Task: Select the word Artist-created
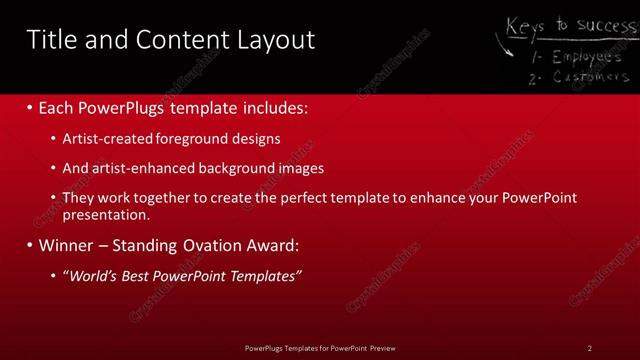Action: (x=105, y=139)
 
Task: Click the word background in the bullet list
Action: (x=239, y=168)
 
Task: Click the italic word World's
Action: (x=93, y=276)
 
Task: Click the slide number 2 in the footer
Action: (x=589, y=348)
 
